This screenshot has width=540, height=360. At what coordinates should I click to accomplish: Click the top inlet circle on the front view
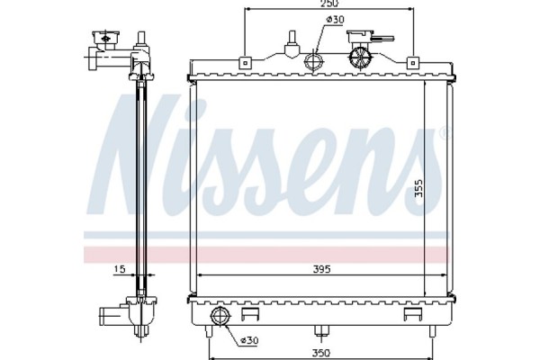315,61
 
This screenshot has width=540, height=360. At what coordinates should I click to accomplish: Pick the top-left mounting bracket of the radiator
245,62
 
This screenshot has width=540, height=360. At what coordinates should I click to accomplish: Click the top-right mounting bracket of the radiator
412,62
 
